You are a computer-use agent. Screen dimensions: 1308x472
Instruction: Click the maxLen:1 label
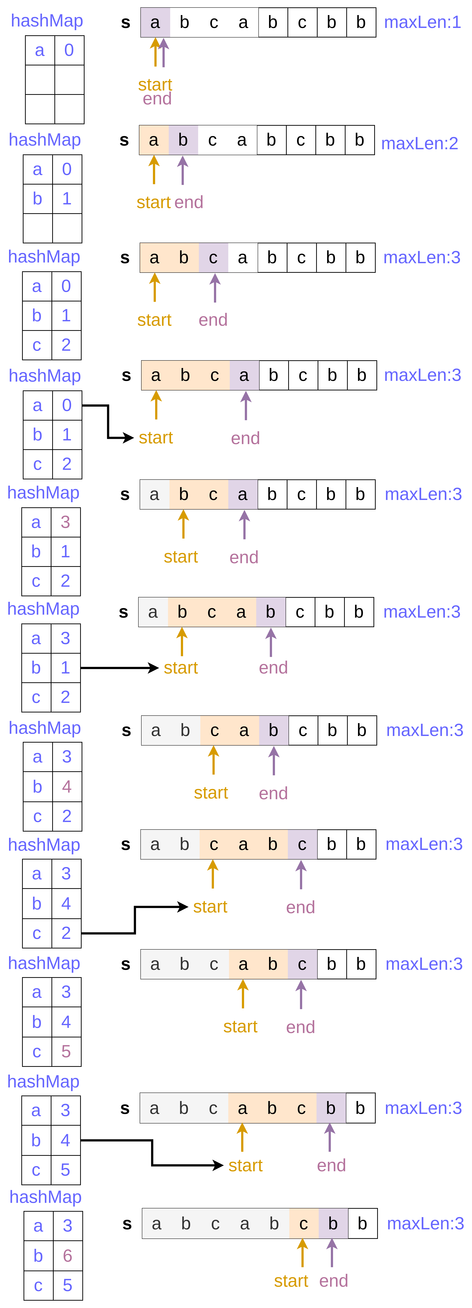(x=422, y=22)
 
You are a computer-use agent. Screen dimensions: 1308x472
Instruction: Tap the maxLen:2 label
(x=419, y=144)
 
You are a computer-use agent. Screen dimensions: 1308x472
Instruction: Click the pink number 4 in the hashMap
(x=67, y=787)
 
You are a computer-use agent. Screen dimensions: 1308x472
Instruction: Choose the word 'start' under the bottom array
(x=291, y=1281)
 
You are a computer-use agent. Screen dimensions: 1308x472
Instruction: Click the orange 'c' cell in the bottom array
(x=303, y=1224)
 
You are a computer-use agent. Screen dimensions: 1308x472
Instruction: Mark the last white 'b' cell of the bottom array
(x=362, y=1224)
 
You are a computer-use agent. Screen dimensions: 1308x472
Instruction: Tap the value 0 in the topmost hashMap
(x=69, y=50)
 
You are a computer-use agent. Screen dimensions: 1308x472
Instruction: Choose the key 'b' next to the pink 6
(x=38, y=1255)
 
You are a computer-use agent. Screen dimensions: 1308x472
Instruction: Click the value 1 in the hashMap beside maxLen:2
(x=67, y=199)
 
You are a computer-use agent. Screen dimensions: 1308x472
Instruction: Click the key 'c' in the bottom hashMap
(x=38, y=1285)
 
